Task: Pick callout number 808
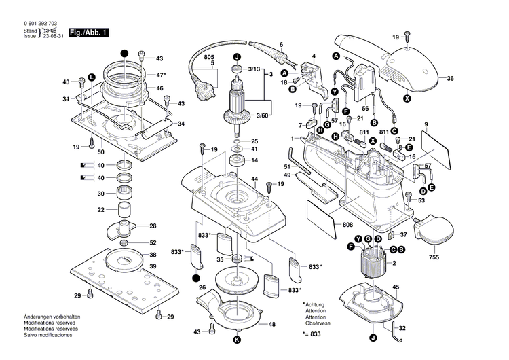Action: tap(347, 225)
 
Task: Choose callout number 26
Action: tap(201, 287)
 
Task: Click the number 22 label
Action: tap(100, 210)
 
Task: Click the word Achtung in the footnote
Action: tap(317, 306)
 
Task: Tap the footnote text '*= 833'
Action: tap(312, 335)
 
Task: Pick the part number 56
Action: tap(365, 107)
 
